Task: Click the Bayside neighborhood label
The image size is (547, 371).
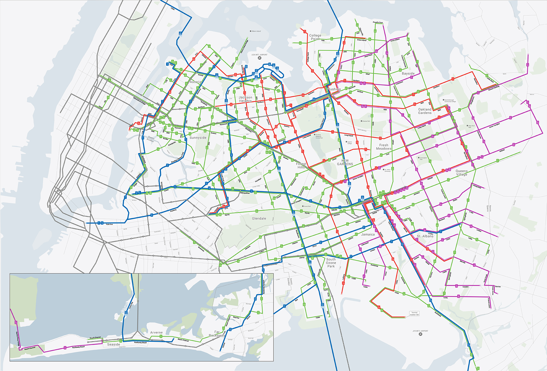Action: (408, 73)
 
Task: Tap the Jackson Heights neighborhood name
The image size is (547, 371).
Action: (245, 99)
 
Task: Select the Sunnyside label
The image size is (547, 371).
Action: (198, 137)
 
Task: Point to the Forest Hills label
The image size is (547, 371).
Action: (301, 165)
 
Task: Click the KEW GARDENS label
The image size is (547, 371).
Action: (345, 162)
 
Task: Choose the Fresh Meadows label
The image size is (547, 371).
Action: (384, 147)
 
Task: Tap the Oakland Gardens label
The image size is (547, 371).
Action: (425, 111)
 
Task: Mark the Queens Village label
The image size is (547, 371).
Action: (462, 172)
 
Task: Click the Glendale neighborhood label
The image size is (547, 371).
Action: (259, 218)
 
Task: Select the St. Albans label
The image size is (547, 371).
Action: (425, 236)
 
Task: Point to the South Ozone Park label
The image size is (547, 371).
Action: (331, 263)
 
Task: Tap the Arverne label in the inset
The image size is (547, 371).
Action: (156, 332)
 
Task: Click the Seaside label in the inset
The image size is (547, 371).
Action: (113, 344)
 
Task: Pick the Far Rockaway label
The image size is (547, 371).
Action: (217, 334)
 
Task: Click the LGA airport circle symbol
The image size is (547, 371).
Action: (259, 58)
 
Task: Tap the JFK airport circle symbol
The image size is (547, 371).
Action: (420, 334)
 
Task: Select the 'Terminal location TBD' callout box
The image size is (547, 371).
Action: (414, 314)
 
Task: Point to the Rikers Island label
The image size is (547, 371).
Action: (256, 31)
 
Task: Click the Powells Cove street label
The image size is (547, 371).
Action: (378, 22)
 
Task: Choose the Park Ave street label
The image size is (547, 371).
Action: (109, 224)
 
